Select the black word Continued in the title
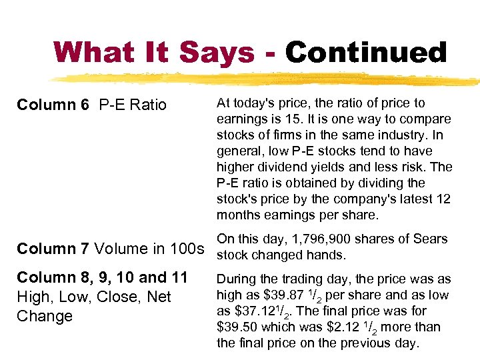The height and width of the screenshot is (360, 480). tap(366, 52)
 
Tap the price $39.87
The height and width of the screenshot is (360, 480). tap(274, 295)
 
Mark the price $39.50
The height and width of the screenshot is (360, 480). tap(239, 327)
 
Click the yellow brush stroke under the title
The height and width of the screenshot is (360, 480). tap(267, 79)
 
